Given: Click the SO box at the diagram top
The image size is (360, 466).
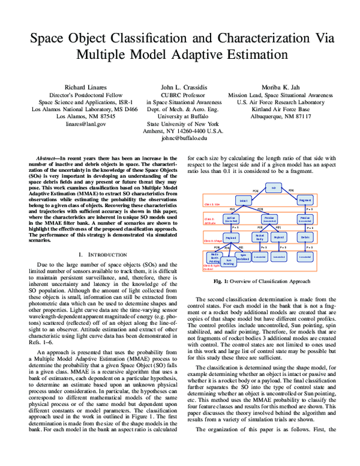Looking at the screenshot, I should [274, 188].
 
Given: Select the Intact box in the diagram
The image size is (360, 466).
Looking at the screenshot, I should [244, 200].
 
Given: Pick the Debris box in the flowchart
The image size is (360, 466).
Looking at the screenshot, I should [305, 237].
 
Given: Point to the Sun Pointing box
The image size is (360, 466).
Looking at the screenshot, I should [229, 261].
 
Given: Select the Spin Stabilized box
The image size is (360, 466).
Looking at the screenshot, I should [244, 256].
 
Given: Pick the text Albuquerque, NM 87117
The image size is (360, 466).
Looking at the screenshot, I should [276, 116].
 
